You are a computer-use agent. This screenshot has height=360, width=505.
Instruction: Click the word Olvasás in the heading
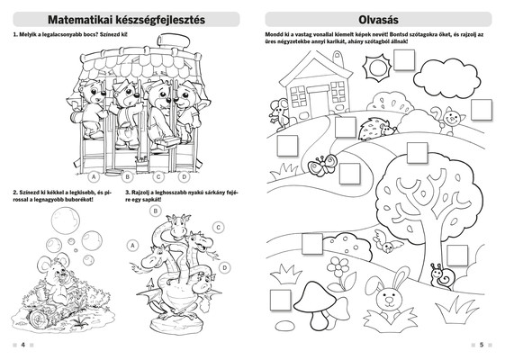378,20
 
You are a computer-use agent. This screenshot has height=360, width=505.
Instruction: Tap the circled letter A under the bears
94,176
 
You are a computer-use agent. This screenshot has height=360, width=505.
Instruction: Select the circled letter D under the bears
185,176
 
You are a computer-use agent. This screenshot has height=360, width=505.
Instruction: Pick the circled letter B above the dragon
156,211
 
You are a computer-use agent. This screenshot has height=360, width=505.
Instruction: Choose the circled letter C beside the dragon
219,228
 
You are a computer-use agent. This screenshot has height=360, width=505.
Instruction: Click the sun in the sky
376,67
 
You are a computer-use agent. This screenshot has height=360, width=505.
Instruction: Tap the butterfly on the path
321,166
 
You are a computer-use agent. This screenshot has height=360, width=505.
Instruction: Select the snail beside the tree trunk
443,276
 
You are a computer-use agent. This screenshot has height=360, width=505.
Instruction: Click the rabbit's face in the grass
389,299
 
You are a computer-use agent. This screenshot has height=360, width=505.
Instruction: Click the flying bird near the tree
387,241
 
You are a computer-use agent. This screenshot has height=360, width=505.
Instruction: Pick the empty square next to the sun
404,60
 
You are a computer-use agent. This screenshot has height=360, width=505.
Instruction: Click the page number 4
23,345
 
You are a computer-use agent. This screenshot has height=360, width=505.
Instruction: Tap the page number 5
482,345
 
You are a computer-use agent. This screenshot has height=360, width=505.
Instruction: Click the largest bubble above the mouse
66,220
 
